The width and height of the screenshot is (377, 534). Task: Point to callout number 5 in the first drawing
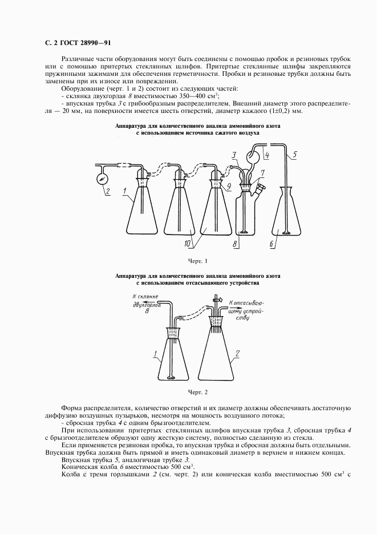pyautogui.click(x=294, y=154)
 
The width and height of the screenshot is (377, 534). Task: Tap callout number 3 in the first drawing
pyautogui.click(x=233, y=155)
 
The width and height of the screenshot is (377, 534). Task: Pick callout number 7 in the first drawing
pyautogui.click(x=262, y=172)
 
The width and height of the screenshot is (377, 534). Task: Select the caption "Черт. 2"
pyautogui.click(x=198, y=392)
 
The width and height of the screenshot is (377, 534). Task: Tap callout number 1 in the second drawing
pyautogui.click(x=155, y=354)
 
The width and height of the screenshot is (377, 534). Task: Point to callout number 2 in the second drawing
pyautogui.click(x=237, y=353)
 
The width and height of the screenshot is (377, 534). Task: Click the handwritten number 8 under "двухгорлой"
pyautogui.click(x=147, y=312)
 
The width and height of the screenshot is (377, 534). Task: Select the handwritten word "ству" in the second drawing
pyautogui.click(x=242, y=319)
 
